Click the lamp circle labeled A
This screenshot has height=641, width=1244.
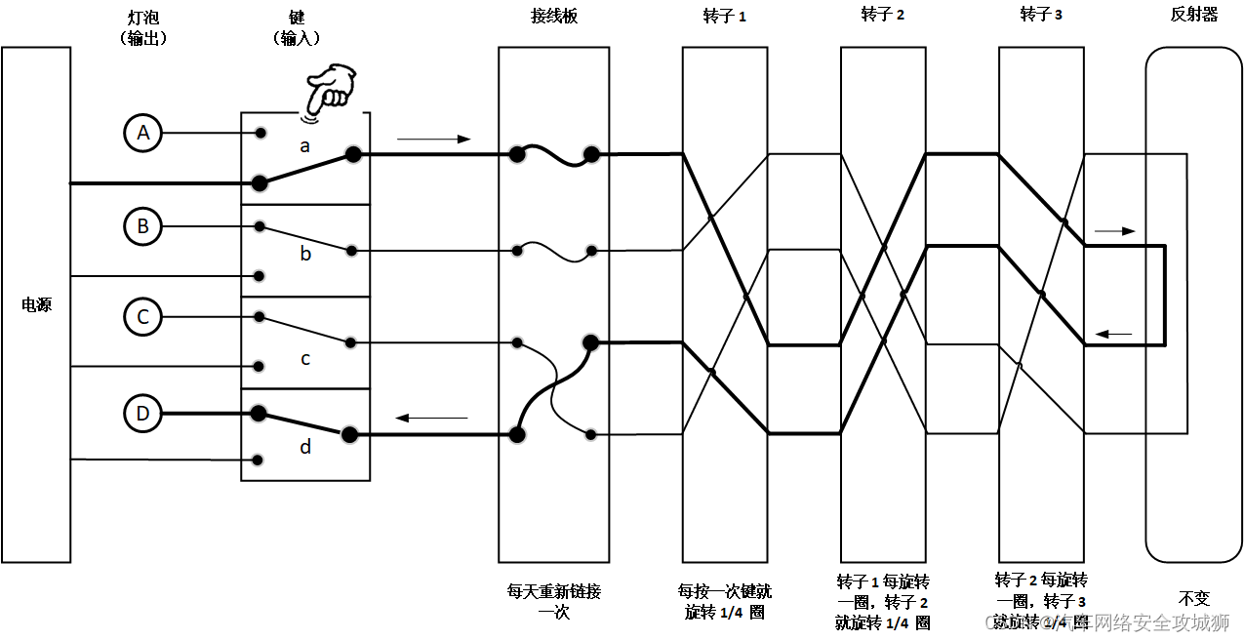(x=143, y=133)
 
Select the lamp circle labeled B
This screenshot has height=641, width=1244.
(x=143, y=226)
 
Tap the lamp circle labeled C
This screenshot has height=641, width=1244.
(x=143, y=316)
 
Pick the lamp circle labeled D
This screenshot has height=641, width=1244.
(x=143, y=413)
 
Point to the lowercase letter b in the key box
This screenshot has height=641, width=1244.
(x=305, y=254)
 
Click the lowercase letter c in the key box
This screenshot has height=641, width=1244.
(x=305, y=359)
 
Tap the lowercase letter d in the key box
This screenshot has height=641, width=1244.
(x=305, y=447)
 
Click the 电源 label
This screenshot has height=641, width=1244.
(x=36, y=305)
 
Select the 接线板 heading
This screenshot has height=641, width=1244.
(x=553, y=17)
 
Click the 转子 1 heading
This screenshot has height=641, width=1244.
(x=724, y=17)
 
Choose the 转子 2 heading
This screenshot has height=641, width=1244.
(x=882, y=15)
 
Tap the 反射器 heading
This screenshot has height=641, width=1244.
(x=1194, y=15)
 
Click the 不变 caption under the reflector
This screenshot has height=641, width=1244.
(x=1194, y=598)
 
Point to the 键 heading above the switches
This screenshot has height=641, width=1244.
(x=297, y=19)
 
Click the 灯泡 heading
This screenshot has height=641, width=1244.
(x=143, y=19)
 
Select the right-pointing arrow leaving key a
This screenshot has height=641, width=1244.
(x=433, y=140)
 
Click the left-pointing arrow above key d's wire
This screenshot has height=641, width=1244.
(x=430, y=419)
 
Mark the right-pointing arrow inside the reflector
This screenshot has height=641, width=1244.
(x=1114, y=231)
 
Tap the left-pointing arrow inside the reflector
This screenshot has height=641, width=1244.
(x=1113, y=335)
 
